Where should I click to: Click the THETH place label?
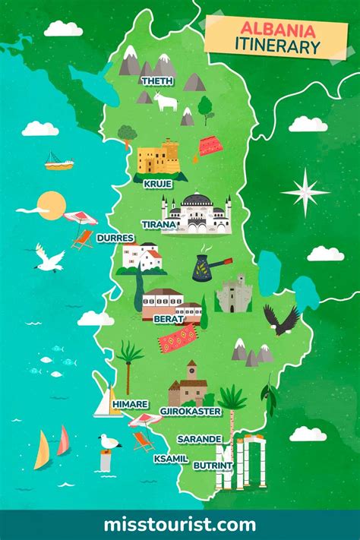click(x=157, y=81)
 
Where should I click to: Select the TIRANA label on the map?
click(x=159, y=224)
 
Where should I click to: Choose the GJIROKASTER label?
click(x=190, y=411)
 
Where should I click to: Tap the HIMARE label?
click(x=130, y=405)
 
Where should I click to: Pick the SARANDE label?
click(x=199, y=439)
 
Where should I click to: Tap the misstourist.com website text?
click(x=179, y=524)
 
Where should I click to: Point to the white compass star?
click(x=305, y=191)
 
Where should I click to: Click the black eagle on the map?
click(x=281, y=320)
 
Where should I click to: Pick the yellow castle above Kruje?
click(x=158, y=157)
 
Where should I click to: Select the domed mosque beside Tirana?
click(x=197, y=213)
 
